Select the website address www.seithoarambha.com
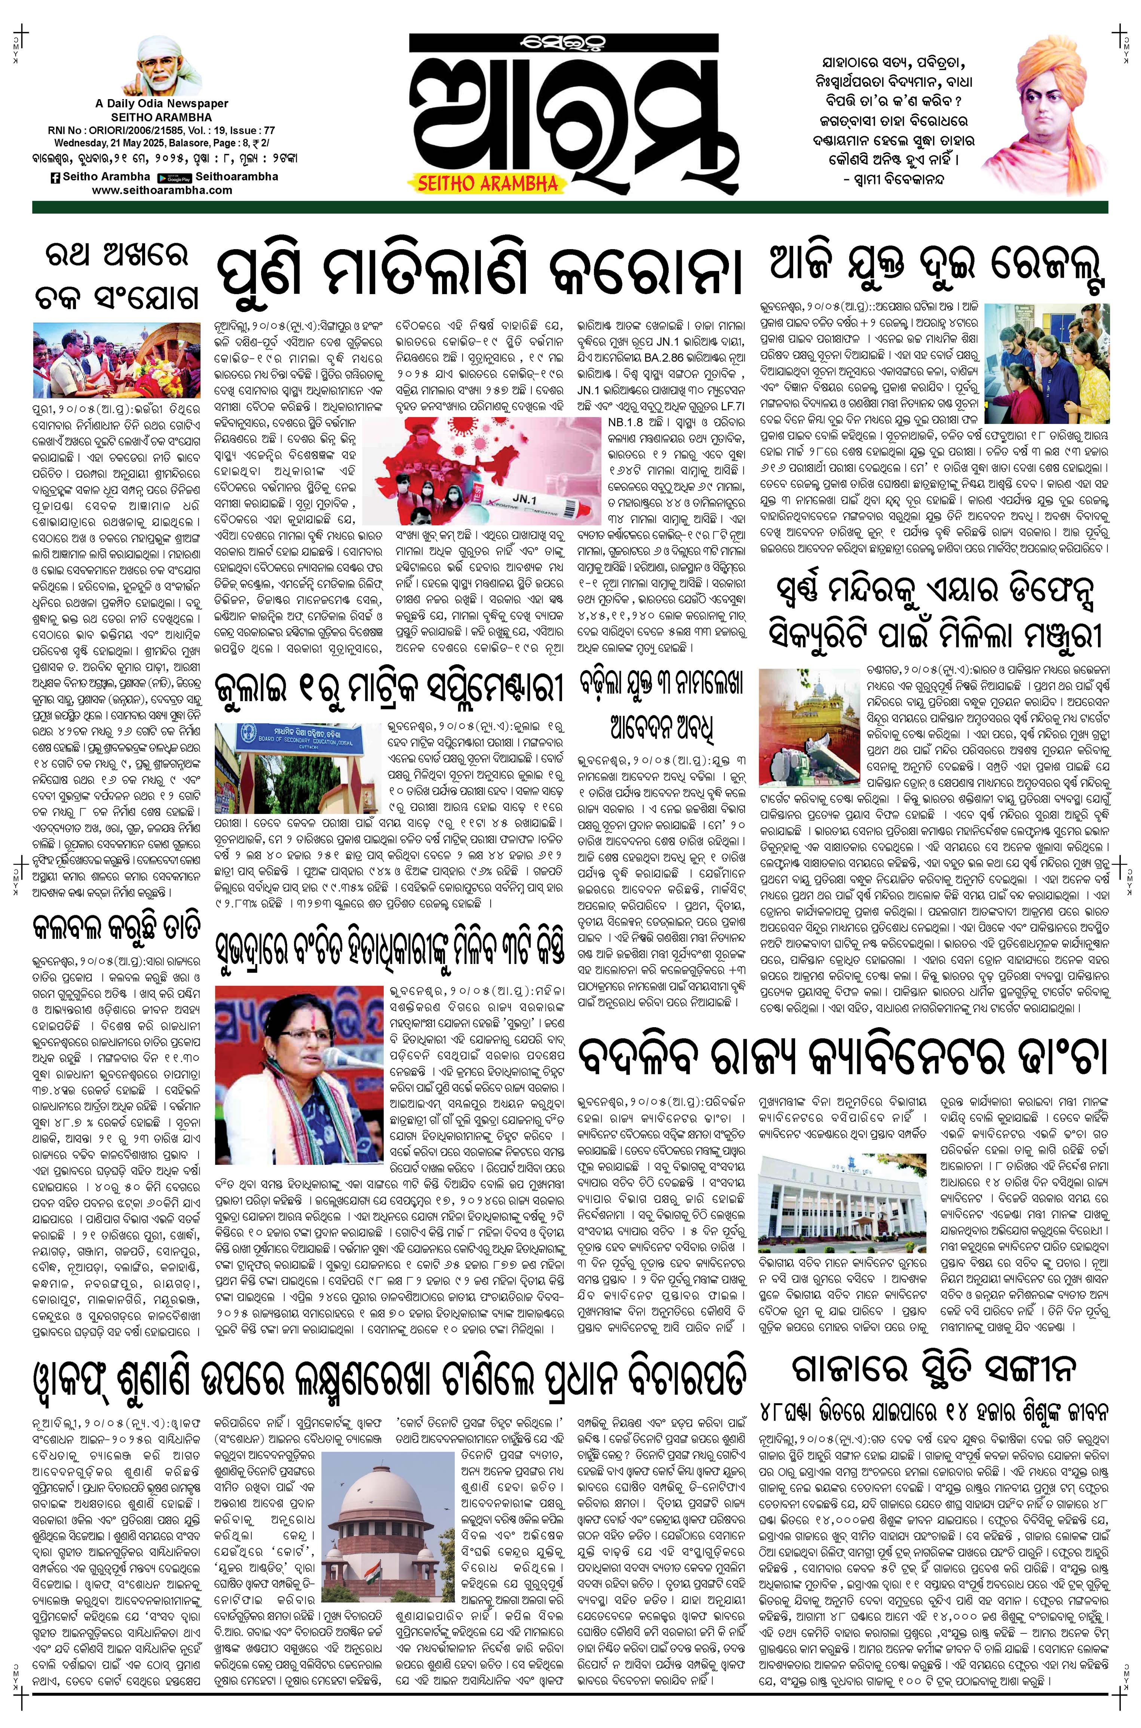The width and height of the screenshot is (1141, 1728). click(162, 190)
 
